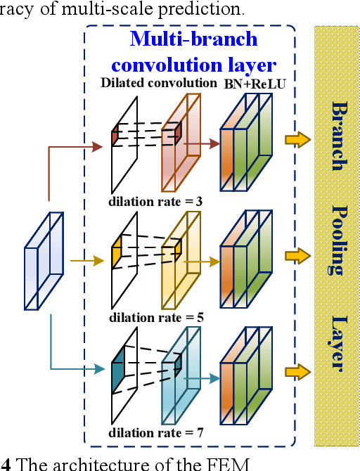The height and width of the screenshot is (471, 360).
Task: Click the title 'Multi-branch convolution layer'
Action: [x=194, y=52]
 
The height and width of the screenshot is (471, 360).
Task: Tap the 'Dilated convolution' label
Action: [x=159, y=83]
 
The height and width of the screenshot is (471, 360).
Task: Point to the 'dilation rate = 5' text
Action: [x=156, y=318]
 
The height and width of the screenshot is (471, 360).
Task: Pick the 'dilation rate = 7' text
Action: [x=156, y=432]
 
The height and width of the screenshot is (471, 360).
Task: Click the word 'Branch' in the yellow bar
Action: [x=338, y=136]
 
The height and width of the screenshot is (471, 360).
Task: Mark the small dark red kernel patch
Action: [x=115, y=136]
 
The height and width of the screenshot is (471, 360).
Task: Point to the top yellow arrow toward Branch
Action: [x=297, y=140]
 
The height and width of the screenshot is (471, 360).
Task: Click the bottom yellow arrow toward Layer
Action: [x=297, y=370]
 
